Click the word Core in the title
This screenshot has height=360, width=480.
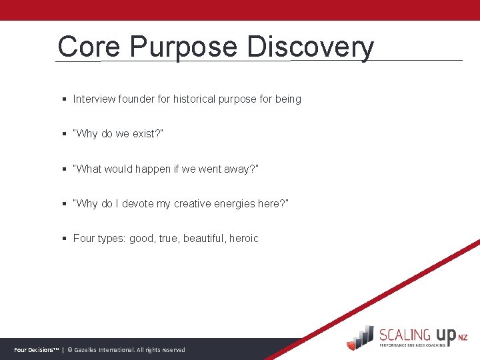[88, 47]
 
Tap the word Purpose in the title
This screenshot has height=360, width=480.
[183, 47]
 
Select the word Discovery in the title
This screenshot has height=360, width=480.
[310, 47]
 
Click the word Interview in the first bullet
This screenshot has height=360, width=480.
[94, 99]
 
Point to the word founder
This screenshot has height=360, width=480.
[137, 99]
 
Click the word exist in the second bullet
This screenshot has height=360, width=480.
[143, 134]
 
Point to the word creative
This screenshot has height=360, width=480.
[194, 203]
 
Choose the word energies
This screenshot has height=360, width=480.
[240, 203]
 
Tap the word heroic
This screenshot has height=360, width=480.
[244, 238]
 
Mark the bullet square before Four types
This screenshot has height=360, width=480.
[64, 239]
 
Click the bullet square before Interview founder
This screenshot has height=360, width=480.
[64, 99]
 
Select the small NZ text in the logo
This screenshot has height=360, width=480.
[463, 339]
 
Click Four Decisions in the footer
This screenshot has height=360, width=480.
[36, 350]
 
